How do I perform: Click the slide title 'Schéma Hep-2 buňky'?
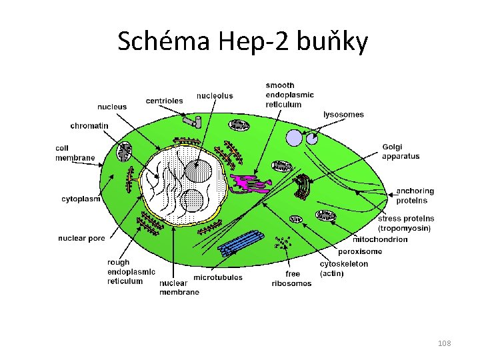coord(243,41)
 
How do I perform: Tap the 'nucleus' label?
coord(112,107)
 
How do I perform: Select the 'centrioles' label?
coord(164,101)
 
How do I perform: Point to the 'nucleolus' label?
coord(215,96)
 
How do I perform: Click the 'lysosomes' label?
coord(343,115)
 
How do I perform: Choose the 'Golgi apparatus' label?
coord(401,151)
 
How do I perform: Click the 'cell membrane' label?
coord(75,153)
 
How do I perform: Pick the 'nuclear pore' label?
coord(83,238)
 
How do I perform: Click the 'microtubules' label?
coord(218,277)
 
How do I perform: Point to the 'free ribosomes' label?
coord(291,279)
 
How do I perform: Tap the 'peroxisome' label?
coord(360,251)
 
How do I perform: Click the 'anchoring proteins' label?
coord(415,195)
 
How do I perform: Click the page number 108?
coord(445,343)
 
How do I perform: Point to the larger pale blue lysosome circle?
coord(294,137)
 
